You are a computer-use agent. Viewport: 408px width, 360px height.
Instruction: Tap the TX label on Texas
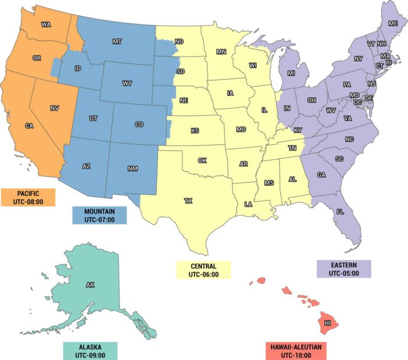click(x=188, y=201)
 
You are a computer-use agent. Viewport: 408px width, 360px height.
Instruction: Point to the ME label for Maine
click(x=393, y=23)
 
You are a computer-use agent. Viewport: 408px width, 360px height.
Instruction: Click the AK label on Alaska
click(x=90, y=285)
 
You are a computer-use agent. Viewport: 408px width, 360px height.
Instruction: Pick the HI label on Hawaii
click(x=328, y=323)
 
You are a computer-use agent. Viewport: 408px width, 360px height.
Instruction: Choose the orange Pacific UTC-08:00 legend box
click(x=28, y=197)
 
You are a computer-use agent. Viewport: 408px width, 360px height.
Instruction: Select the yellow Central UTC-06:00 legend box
click(x=203, y=270)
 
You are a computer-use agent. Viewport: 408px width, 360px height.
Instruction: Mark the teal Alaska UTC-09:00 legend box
click(x=90, y=350)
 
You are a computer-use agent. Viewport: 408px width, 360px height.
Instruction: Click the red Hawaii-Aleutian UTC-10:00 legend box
click(x=295, y=351)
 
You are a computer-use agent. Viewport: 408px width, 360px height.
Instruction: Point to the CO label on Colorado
click(x=139, y=124)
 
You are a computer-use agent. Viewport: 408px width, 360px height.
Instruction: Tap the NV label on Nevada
click(x=55, y=108)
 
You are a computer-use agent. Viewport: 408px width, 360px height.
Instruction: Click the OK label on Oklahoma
click(x=202, y=160)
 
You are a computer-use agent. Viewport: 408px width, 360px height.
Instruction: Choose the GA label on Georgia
click(x=321, y=175)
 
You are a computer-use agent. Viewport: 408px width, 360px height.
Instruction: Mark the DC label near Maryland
click(x=358, y=102)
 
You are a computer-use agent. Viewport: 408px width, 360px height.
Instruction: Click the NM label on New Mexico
click(x=132, y=169)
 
